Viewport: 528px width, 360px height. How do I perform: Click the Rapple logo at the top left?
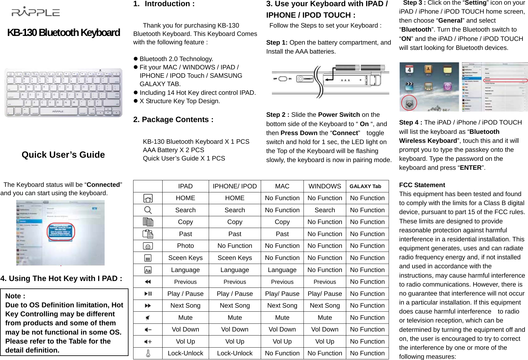[36, 12]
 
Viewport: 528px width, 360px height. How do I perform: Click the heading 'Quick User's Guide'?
[63, 155]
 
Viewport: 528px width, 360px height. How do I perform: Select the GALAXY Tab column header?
[365, 186]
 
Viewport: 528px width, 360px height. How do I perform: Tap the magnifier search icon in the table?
[148, 210]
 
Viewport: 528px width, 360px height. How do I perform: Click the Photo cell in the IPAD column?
[185, 246]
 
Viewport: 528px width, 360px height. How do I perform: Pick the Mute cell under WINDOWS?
[325, 318]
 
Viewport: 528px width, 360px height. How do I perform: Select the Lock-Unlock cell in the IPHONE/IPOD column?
[234, 353]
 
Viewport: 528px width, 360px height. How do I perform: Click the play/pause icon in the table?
[148, 294]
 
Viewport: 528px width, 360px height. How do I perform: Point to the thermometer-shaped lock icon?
[148, 353]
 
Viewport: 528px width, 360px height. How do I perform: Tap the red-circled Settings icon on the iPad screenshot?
[409, 103]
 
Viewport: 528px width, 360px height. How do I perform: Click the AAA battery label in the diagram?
[345, 80]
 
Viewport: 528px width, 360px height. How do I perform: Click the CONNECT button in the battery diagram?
[305, 79]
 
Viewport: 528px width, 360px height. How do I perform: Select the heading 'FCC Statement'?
[422, 185]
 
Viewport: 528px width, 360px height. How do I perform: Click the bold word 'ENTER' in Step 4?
[470, 168]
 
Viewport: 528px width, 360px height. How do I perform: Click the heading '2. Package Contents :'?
[173, 120]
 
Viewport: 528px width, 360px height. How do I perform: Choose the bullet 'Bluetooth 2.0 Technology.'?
[176, 59]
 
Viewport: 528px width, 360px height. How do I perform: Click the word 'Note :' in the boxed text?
[15, 296]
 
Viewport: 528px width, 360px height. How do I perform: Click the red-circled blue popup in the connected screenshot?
[61, 232]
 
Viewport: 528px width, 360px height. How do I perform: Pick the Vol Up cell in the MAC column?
[282, 341]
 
